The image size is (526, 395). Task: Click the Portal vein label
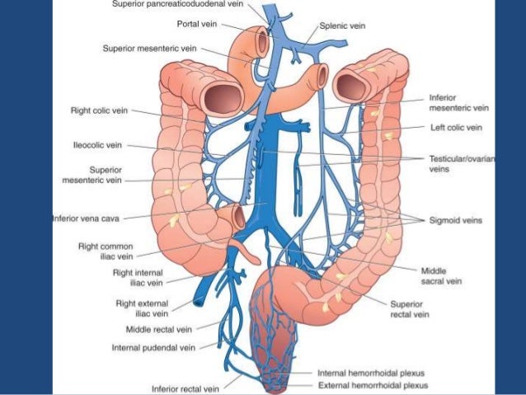coord(197,24)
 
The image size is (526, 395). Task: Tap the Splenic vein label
coord(342,26)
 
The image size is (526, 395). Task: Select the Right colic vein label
coord(99,111)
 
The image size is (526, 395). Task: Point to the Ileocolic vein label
coord(97,145)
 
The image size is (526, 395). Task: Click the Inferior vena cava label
coord(86,219)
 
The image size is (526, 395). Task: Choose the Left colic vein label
coord(456,128)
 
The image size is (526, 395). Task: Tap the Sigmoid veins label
coord(456,220)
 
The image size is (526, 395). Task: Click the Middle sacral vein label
coord(441,276)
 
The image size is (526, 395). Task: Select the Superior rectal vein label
coord(410,309)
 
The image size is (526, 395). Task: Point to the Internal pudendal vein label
coord(153,348)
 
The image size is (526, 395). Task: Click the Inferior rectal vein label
coord(186,389)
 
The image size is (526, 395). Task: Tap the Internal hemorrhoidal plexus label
coord(371,374)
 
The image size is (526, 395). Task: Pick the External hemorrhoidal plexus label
coord(373,385)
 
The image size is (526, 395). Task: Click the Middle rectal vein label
coord(159,330)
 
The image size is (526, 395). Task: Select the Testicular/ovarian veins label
coord(462,163)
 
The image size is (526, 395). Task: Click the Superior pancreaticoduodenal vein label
coord(178,4)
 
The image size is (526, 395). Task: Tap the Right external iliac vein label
coord(142,308)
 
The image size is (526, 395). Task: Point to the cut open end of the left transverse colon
coord(351,87)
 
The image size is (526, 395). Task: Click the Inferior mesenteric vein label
coord(458,103)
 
